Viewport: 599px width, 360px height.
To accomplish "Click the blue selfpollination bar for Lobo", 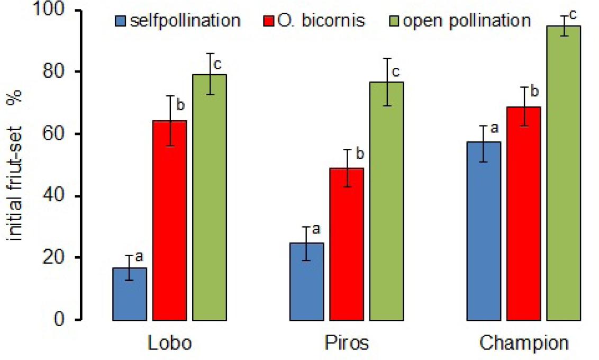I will click(x=130, y=294).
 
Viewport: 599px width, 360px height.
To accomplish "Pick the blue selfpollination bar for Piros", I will click(x=307, y=281).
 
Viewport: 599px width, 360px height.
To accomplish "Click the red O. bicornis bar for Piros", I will click(x=347, y=244).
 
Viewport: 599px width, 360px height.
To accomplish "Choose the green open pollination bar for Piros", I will click(x=386, y=201).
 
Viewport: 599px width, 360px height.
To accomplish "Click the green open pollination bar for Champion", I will click(x=563, y=173).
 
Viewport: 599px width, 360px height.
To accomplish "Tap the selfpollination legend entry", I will click(x=178, y=21).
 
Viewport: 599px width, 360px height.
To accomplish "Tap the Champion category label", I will click(x=524, y=343).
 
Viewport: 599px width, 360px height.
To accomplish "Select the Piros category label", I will click(x=347, y=343).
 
